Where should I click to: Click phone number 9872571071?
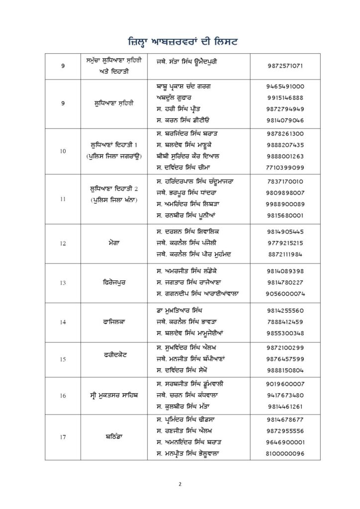[285, 66]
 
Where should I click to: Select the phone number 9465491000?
[285, 86]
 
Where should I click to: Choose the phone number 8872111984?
[285, 254]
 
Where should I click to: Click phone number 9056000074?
[285, 294]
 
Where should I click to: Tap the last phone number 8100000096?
[285, 454]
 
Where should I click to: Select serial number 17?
[63, 437]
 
